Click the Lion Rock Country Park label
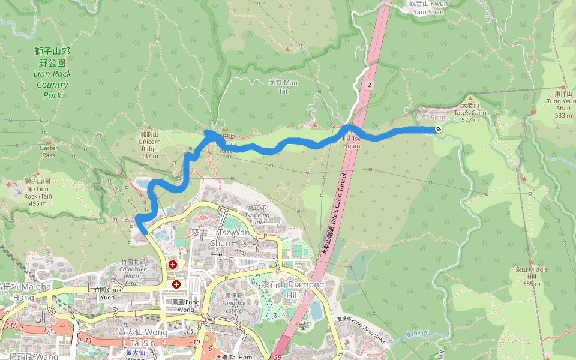coord(52,73)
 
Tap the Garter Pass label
coord(48,151)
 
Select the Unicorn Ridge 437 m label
coord(149,145)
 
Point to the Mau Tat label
coord(283,86)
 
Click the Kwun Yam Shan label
coord(428,7)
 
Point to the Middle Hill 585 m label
coord(532,276)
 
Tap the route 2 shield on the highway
coord(370,85)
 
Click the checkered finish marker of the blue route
coord(439,128)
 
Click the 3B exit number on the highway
coord(277,356)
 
